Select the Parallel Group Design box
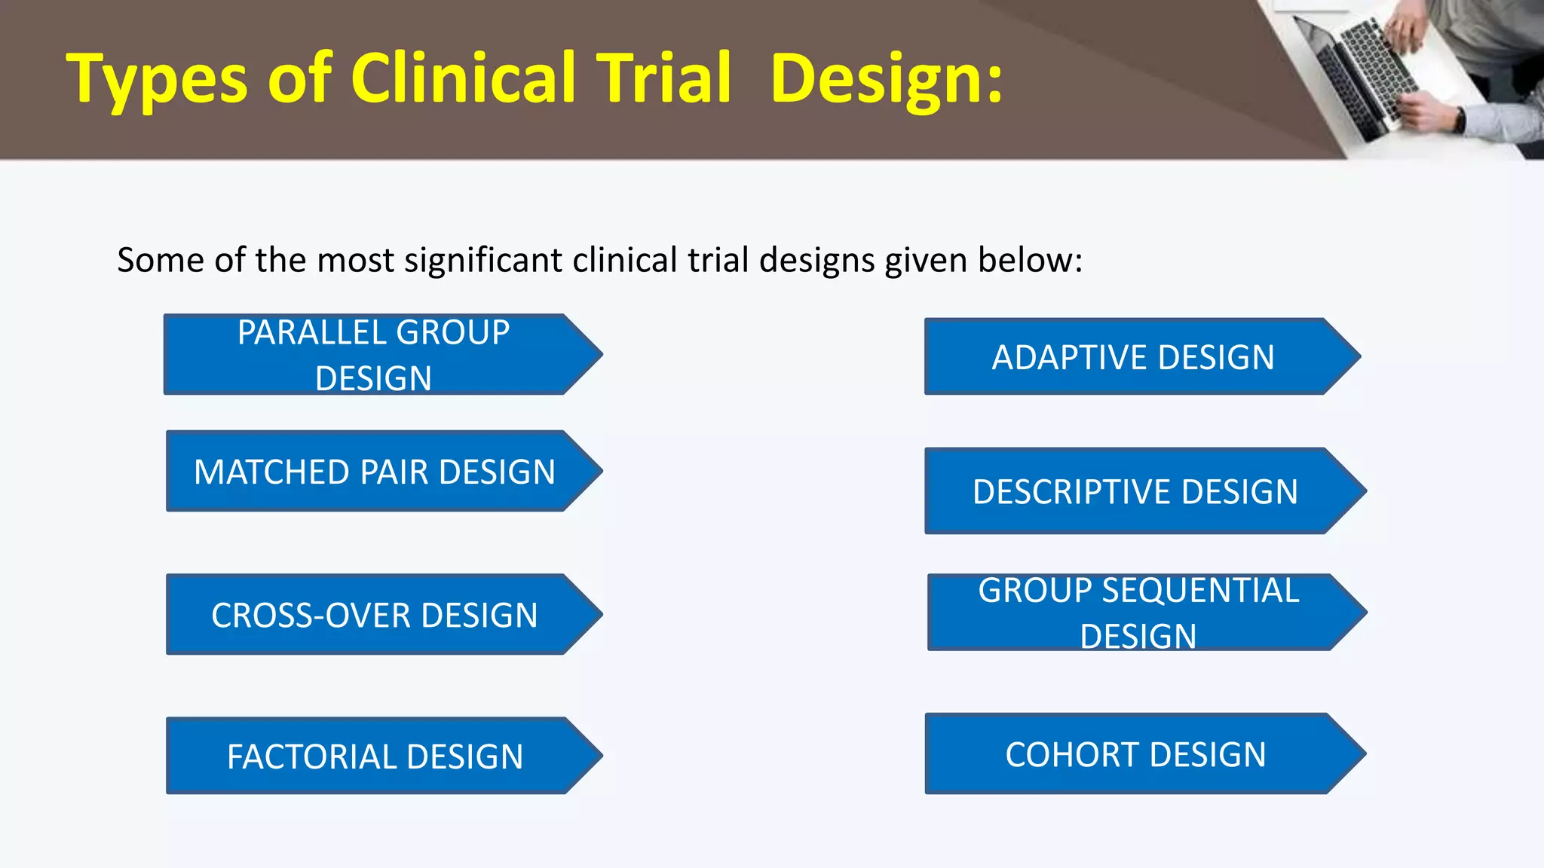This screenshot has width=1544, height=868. (x=373, y=354)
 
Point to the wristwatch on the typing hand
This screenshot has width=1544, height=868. (x=1460, y=119)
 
